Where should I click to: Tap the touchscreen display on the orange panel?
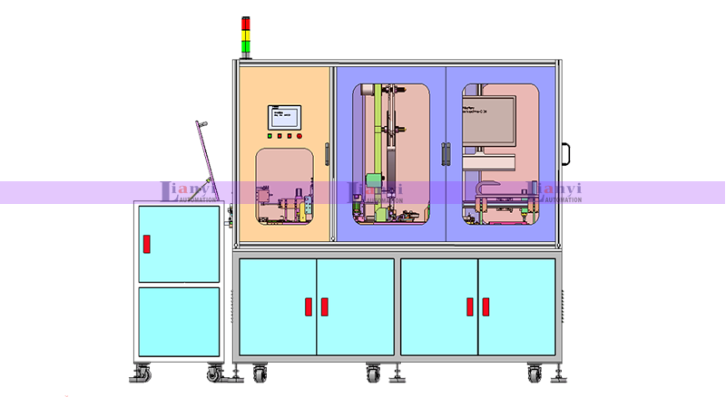[283, 117]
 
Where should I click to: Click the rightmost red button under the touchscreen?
[299, 137]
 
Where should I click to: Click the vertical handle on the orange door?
[327, 155]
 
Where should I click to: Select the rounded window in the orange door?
[284, 186]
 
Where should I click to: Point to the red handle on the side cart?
[145, 245]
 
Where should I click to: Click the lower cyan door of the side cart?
[179, 321]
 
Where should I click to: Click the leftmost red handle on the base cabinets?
[310, 306]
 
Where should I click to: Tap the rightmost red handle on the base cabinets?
[484, 306]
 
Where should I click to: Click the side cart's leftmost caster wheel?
[141, 373]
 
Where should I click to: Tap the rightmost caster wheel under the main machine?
[536, 373]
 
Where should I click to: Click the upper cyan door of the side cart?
[179, 244]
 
